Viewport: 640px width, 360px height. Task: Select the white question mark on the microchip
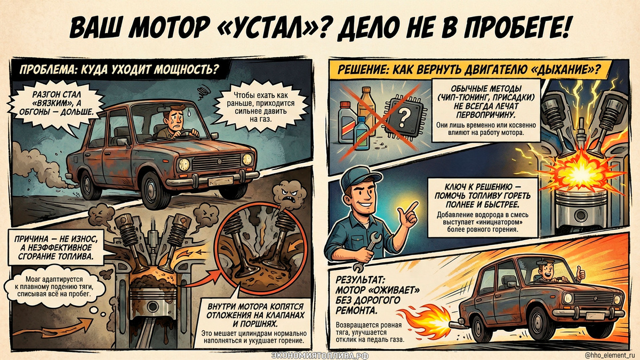point(403,118)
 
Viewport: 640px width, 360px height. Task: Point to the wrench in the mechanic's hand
point(367,251)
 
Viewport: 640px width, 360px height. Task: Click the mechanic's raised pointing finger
point(412,207)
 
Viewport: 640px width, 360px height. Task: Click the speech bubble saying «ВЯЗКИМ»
point(57,103)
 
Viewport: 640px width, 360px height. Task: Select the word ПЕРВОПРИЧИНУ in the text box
point(486,114)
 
